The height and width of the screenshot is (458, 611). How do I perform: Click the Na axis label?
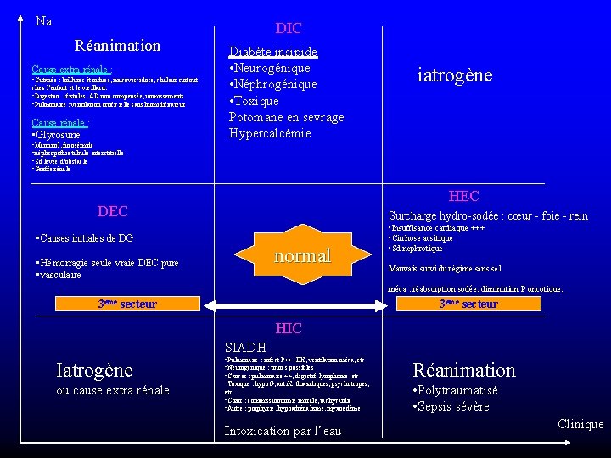coord(44,21)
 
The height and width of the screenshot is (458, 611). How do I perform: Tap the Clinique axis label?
coord(581,424)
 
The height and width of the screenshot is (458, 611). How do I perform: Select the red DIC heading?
coord(289,29)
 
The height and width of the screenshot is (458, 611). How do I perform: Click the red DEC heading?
coord(113,210)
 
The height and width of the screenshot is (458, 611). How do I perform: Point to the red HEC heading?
coord(463,197)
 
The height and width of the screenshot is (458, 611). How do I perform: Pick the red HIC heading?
coord(289,328)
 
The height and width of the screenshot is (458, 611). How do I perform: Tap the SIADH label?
coord(245,347)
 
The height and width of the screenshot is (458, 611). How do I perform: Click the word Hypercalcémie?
coord(270,133)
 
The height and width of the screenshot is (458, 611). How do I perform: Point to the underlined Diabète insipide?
coord(273,52)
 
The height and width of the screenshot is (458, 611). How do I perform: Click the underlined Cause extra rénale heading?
coord(72,69)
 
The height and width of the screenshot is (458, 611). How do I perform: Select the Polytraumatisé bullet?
coord(454,391)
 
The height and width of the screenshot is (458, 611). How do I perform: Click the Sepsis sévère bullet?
coord(451,406)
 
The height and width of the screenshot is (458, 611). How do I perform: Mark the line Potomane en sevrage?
coord(286,117)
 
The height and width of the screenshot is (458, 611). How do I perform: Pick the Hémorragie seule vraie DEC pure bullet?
coord(108,263)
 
